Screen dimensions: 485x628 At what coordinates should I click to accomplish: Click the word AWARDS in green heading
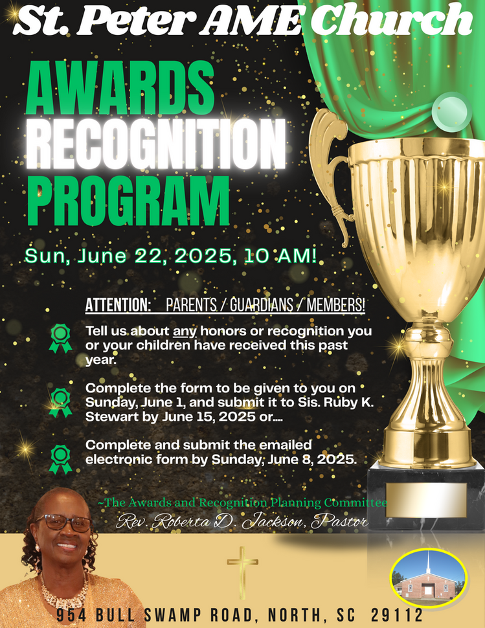(120, 87)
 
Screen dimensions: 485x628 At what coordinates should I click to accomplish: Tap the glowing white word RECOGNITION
(156, 144)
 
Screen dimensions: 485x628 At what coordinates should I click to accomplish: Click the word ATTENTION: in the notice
(118, 305)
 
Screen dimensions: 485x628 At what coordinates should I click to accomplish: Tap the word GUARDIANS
(261, 305)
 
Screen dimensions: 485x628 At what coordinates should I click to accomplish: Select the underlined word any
(185, 332)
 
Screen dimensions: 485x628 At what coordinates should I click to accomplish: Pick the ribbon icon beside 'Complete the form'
(60, 403)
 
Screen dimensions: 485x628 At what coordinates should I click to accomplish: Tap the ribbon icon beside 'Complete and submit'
(60, 460)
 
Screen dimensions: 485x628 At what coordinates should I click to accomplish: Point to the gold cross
(242, 573)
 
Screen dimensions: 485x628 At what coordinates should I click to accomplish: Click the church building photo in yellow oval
(429, 576)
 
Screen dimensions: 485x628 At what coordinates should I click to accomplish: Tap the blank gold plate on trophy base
(425, 499)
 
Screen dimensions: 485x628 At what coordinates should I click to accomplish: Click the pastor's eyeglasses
(65, 522)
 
